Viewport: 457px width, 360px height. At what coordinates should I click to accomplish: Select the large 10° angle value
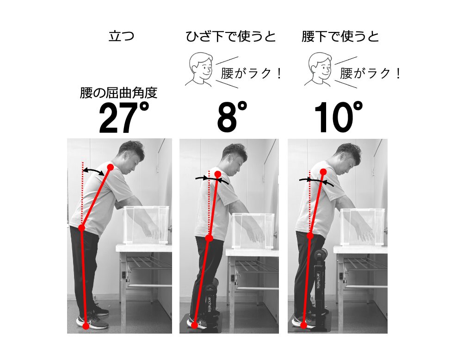click(x=338, y=118)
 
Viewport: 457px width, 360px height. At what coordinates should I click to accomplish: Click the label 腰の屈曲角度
click(x=119, y=93)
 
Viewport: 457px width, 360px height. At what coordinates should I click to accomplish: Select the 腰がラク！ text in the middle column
click(x=251, y=73)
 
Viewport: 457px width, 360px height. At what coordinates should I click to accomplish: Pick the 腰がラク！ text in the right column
click(x=370, y=73)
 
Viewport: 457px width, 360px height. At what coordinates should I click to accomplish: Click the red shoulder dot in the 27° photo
click(x=110, y=167)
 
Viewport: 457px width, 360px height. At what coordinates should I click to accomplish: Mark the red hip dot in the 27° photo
click(x=81, y=228)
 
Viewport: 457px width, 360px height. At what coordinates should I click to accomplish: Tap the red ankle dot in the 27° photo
click(x=86, y=326)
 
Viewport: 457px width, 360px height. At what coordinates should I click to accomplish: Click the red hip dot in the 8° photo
click(x=209, y=238)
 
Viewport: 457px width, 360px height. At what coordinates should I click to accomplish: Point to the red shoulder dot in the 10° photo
click(x=323, y=172)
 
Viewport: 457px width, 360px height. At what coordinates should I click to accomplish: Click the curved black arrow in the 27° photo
click(x=93, y=172)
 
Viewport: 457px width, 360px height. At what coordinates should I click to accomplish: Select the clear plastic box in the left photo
click(x=146, y=225)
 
